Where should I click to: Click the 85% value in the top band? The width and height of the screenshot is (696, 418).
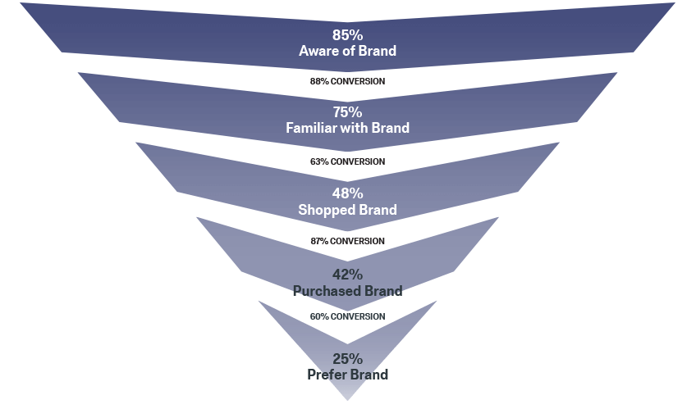tap(347, 35)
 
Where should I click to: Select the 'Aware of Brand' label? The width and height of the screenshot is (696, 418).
tap(347, 51)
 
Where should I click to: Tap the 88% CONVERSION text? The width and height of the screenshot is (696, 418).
tap(347, 82)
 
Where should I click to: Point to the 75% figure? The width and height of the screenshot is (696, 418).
tap(347, 112)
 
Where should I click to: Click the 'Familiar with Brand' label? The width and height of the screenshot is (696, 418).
tap(347, 128)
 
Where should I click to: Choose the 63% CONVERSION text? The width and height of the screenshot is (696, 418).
tap(347, 161)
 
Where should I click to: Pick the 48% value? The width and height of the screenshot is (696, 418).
tap(347, 193)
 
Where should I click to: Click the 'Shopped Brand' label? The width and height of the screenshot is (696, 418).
tap(347, 210)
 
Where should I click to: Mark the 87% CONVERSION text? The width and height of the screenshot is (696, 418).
tap(347, 241)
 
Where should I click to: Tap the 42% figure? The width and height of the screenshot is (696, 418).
tap(347, 275)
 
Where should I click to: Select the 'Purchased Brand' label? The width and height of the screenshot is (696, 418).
tap(347, 291)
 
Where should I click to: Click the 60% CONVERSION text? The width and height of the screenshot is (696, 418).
tap(347, 316)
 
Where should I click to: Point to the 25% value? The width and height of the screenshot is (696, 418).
tap(347, 359)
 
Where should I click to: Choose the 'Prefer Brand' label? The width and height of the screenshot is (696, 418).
tap(347, 375)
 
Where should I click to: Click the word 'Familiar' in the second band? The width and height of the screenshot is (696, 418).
tap(312, 128)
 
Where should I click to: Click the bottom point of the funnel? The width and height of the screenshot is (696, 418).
tap(347, 400)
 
